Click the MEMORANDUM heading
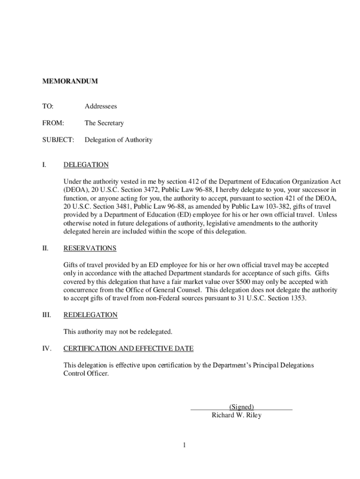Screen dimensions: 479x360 click(x=70, y=81)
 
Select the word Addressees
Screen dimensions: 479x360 click(x=101, y=107)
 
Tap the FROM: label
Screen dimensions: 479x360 click(x=53, y=123)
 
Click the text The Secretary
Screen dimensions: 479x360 click(x=104, y=123)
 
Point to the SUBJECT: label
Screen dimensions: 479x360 click(x=58, y=140)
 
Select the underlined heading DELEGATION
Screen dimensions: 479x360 click(x=86, y=165)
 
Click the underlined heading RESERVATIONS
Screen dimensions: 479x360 click(x=90, y=248)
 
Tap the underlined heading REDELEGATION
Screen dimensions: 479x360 click(x=90, y=315)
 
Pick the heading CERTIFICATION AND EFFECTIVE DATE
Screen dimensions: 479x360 click(x=128, y=349)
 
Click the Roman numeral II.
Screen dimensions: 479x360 click(x=45, y=248)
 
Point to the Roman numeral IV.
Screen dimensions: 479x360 click(x=46, y=349)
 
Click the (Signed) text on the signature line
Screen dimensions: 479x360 click(x=241, y=407)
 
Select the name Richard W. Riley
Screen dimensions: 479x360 click(x=237, y=415)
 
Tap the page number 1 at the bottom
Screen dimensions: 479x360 click(x=185, y=445)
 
